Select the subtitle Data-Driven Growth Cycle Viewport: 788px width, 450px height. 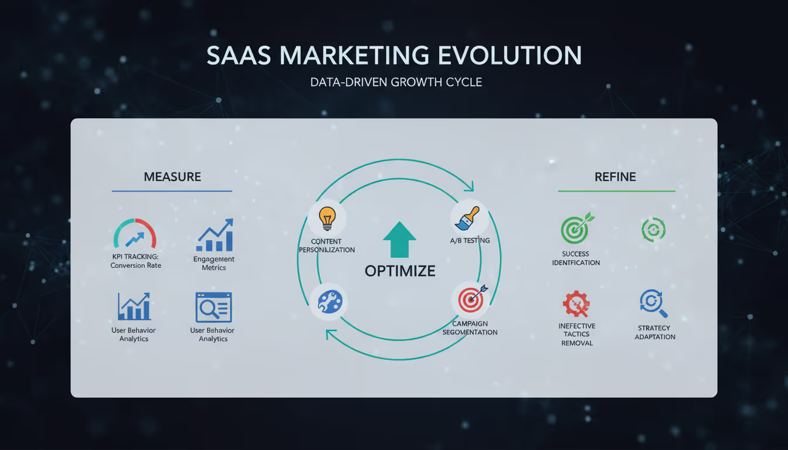pyautogui.click(x=396, y=82)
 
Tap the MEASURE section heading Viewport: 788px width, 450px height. pyautogui.click(x=172, y=177)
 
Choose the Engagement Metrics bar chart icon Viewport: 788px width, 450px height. pyautogui.click(x=215, y=236)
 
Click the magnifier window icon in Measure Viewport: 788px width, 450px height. pyautogui.click(x=214, y=307)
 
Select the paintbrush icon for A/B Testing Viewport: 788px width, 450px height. pyautogui.click(x=467, y=219)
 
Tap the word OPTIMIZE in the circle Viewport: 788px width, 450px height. pyautogui.click(x=400, y=271)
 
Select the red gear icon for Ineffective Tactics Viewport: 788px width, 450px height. pyautogui.click(x=577, y=305)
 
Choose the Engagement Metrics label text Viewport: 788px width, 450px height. pyautogui.click(x=214, y=263)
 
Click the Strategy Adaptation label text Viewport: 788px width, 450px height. pyautogui.click(x=655, y=332)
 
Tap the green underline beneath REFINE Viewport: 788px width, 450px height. pyautogui.click(x=616, y=191)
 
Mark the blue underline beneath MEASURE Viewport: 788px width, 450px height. pyautogui.click(x=172, y=191)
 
